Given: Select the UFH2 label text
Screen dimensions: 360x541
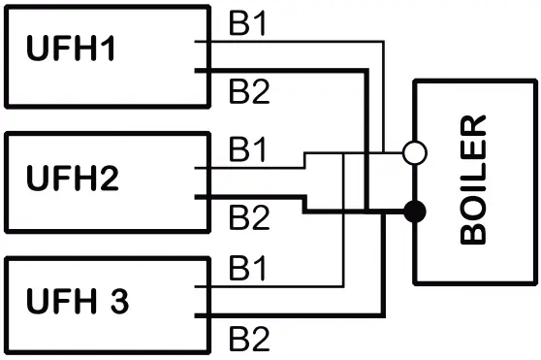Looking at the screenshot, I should point(85,180).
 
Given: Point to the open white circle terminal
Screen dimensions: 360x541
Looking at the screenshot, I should point(414,153).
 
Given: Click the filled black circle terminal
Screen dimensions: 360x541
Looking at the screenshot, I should point(414,211).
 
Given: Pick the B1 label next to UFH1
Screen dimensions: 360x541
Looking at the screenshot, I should point(246,24).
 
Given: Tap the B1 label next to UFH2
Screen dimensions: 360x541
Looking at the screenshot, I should point(246,150).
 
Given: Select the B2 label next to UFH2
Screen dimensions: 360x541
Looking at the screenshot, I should point(246,218).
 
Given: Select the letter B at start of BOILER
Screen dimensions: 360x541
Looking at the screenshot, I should point(474,232).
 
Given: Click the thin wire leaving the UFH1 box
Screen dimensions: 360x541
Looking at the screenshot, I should point(291,42).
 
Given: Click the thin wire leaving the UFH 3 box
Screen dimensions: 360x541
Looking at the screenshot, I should point(271,287).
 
